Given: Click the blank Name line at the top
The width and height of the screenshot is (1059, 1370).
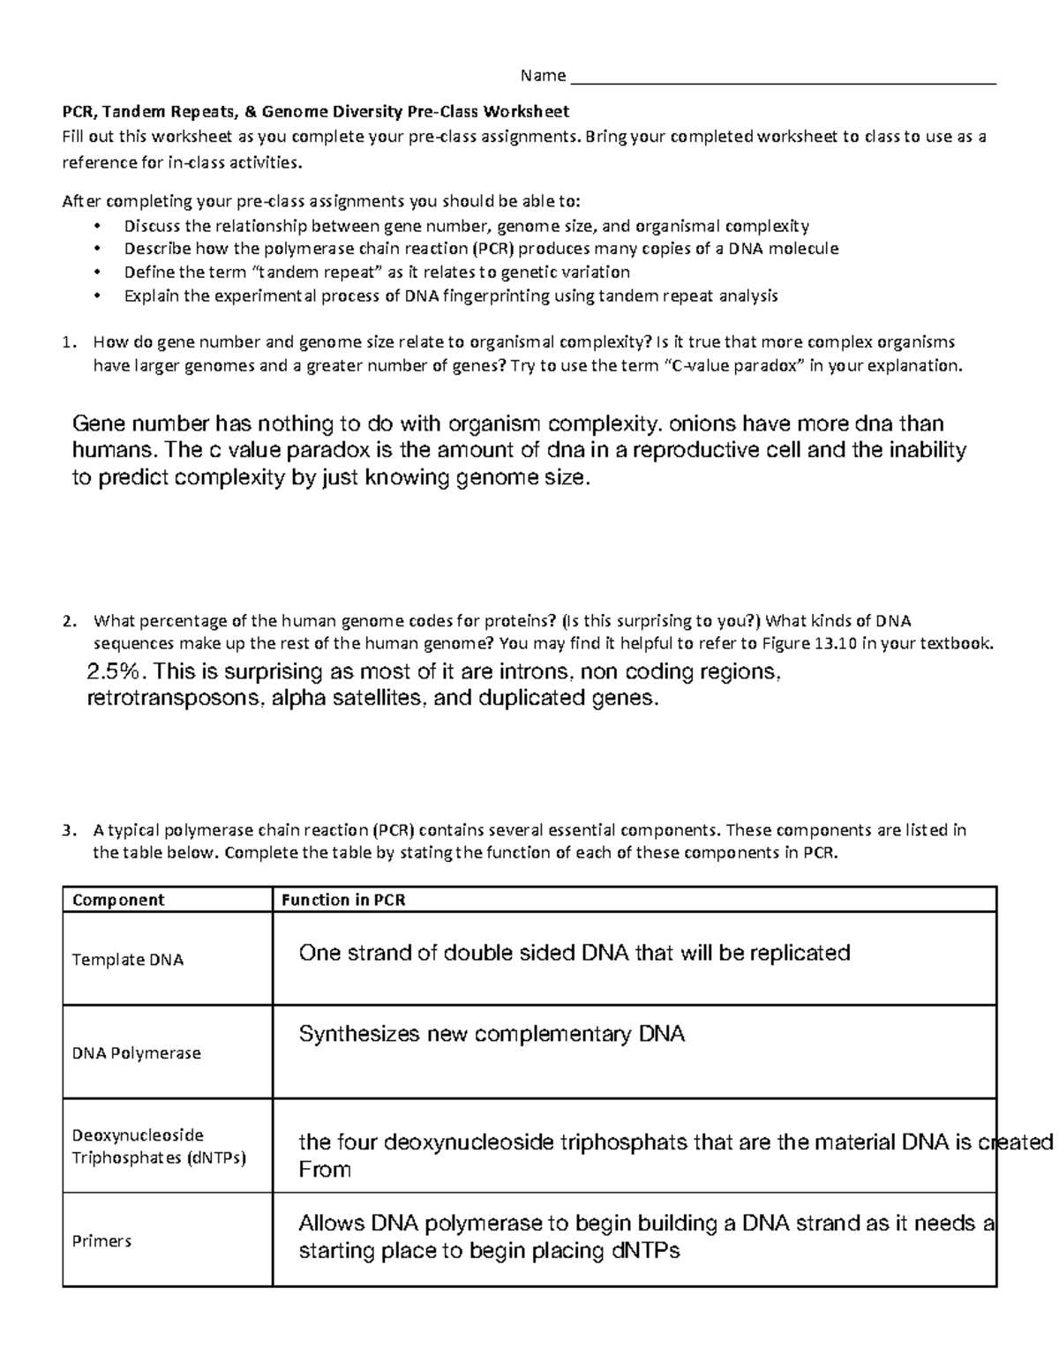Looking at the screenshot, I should (784, 76).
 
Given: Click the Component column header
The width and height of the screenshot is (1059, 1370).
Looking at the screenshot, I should (118, 900).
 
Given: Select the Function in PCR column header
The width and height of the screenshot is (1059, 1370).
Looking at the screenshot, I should (342, 900).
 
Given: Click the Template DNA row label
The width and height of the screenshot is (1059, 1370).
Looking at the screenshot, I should (127, 960).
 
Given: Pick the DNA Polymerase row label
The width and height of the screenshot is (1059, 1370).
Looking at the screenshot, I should (136, 1053).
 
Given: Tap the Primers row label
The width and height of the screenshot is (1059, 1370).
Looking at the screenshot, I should (101, 1241).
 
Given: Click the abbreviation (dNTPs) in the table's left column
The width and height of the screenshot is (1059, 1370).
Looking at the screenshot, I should (216, 1157).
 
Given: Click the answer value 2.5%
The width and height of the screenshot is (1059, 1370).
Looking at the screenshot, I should (113, 672).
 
